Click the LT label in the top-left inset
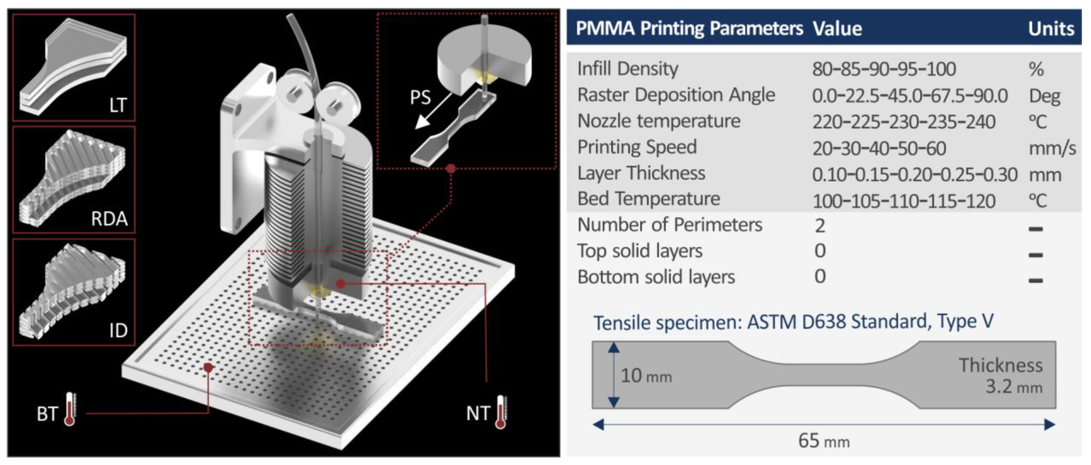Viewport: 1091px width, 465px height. (x=118, y=105)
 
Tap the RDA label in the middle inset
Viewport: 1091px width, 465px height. (x=109, y=219)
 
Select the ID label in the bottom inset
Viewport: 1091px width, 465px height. (x=118, y=330)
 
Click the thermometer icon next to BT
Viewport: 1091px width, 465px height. (x=70, y=409)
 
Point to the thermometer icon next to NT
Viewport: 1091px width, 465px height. (x=501, y=412)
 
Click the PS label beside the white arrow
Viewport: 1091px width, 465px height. (x=420, y=97)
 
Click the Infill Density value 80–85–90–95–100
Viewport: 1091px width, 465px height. (x=884, y=69)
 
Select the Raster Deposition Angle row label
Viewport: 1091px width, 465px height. (x=676, y=95)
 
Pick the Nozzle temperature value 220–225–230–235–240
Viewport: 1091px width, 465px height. (x=904, y=122)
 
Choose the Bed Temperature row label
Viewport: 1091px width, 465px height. (x=649, y=199)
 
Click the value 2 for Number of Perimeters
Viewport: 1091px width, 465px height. (x=820, y=226)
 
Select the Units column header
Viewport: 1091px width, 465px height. (x=1051, y=29)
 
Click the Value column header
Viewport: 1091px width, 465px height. (x=837, y=29)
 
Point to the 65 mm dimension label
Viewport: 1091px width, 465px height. (x=824, y=441)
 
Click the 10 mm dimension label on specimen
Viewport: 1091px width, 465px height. (x=646, y=376)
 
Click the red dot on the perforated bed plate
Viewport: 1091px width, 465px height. (x=208, y=367)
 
